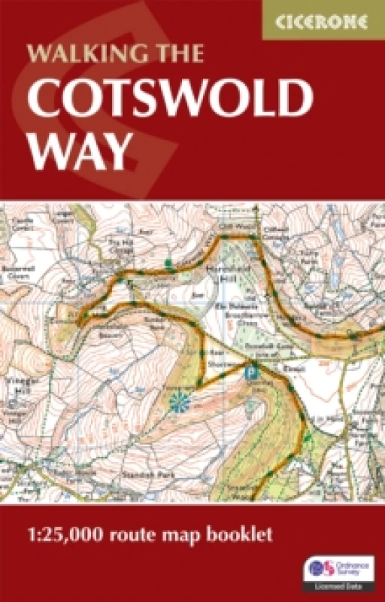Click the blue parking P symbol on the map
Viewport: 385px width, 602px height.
click(x=252, y=369)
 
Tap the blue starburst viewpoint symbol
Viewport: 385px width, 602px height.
click(x=180, y=403)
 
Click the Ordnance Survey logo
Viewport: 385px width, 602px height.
click(x=338, y=567)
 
